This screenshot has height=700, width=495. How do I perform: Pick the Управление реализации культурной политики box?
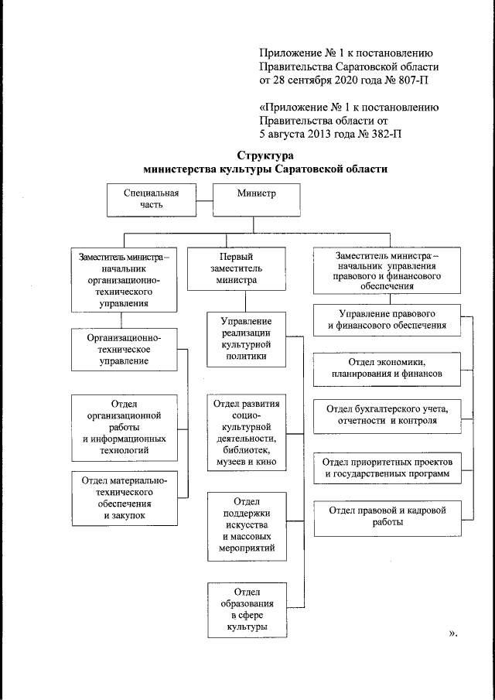pos(244,339)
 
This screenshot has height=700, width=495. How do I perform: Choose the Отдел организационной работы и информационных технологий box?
pos(125,425)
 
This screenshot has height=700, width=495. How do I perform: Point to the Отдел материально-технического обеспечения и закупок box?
pos(125,497)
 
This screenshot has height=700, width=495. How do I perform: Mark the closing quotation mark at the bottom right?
pos(451,633)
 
